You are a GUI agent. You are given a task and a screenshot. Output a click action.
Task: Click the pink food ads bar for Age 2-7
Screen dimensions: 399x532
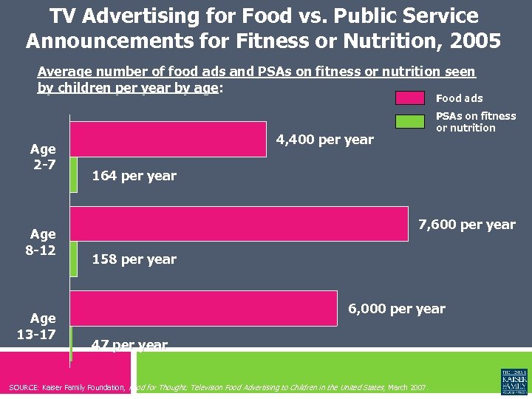tap(168, 139)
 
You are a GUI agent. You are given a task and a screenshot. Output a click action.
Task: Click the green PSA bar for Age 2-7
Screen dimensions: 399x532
tap(73, 175)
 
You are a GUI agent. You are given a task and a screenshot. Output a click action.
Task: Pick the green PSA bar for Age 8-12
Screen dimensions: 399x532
tap(73, 259)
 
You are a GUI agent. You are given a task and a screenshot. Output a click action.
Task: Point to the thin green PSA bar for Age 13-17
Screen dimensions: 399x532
tap(71, 344)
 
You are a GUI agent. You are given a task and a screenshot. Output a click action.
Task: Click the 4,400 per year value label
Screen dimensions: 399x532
tap(324, 140)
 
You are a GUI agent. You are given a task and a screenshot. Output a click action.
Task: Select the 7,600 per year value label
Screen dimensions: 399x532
tap(467, 225)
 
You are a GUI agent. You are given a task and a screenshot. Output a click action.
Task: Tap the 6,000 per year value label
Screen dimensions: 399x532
tap(397, 309)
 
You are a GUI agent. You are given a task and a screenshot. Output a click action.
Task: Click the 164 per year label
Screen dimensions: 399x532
tap(134, 176)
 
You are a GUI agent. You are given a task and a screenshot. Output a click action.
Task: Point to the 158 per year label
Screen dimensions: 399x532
tap(134, 259)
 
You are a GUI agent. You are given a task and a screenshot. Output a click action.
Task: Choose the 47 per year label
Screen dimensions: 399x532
tap(129, 345)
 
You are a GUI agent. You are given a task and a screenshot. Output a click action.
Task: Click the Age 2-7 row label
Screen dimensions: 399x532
tap(43, 156)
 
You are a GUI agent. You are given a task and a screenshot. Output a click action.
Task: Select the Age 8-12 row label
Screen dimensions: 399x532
tap(41, 242)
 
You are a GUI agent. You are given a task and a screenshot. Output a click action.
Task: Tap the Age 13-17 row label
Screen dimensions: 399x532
tap(41, 325)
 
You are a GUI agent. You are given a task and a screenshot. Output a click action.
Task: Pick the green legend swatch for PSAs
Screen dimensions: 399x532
tap(410, 121)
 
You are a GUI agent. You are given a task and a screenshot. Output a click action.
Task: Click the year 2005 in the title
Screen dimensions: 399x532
tap(473, 40)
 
